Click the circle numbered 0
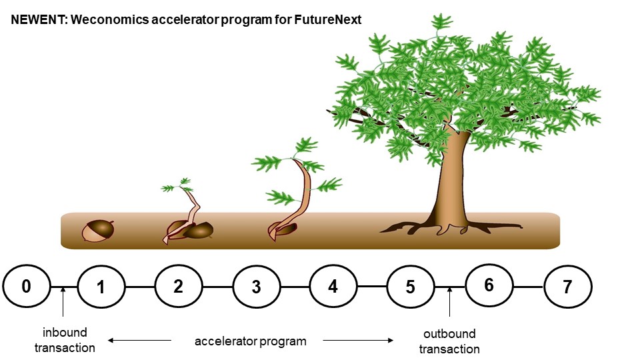[x=27, y=287]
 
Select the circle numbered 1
[x=101, y=287]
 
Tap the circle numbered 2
[x=179, y=287]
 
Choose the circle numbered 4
[x=333, y=287]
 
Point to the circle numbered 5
[x=411, y=287]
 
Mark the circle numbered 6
[x=489, y=285]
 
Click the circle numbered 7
[x=567, y=287]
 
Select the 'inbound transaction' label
[x=65, y=339]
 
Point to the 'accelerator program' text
[x=251, y=341]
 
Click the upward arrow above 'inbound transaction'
[x=62, y=301]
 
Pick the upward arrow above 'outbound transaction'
[x=449, y=301]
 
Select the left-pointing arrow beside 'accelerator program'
[x=140, y=341]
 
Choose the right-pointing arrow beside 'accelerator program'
[x=359, y=341]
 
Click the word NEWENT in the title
[x=37, y=20]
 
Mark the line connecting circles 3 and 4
[x=295, y=287]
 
